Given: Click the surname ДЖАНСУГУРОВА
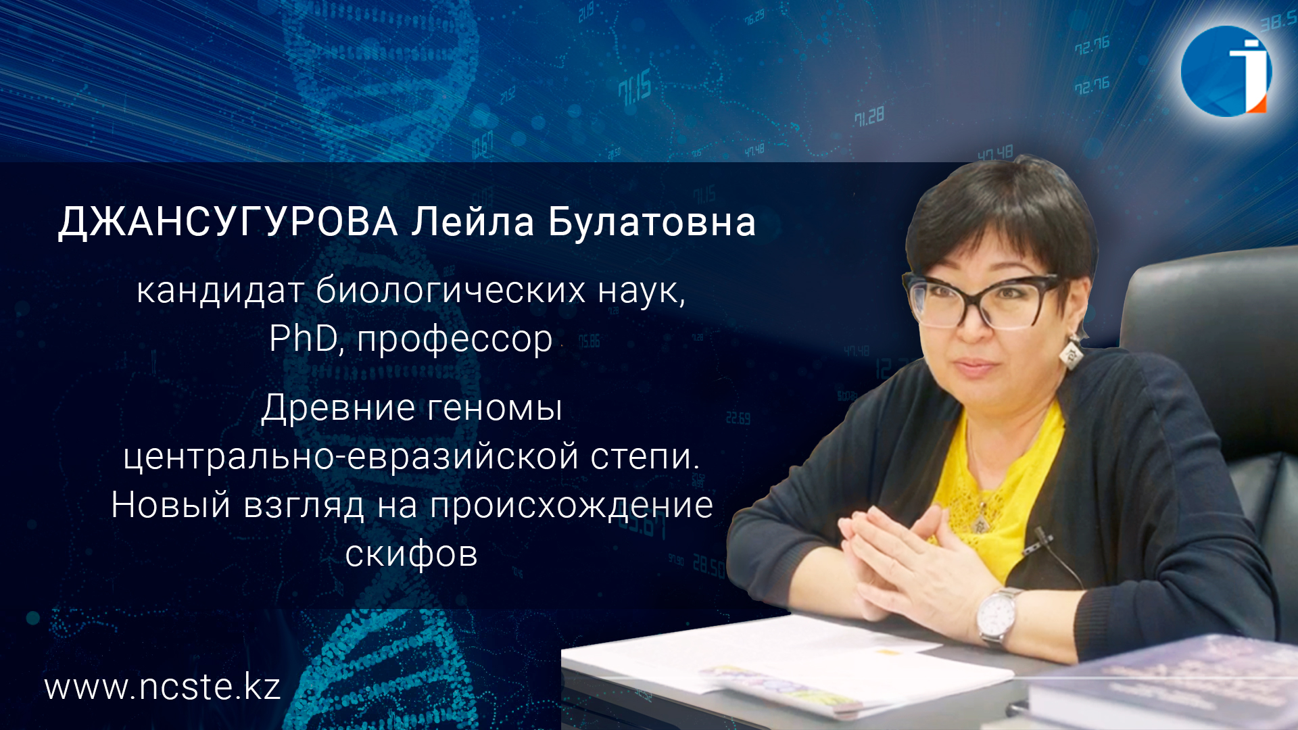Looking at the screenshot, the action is pos(228,222).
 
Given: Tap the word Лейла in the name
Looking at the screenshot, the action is pos(473,222).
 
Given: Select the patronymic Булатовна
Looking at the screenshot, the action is pos(652,222).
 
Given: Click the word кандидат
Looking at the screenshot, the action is pos(220,291).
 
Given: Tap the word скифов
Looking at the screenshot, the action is pos(411,554).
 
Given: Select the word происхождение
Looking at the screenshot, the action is pos(571,506).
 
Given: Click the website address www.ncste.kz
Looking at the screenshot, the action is pos(162,687).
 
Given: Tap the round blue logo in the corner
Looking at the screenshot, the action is pos(1226,71).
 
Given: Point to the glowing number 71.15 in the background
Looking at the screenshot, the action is pos(634,89).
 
